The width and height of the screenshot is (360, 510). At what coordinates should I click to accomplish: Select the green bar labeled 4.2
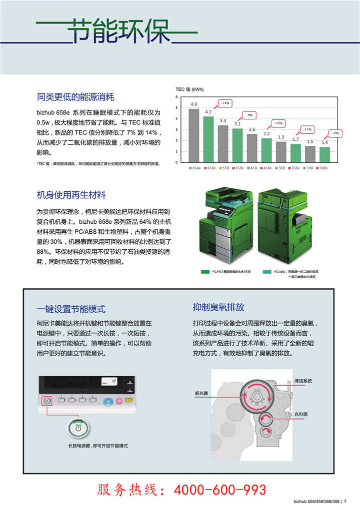click(208, 139)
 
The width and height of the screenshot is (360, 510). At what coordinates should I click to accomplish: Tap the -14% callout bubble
click(224, 103)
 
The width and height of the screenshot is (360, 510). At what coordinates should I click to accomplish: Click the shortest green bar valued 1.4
click(324, 154)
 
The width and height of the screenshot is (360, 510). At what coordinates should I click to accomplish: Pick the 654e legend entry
click(194, 168)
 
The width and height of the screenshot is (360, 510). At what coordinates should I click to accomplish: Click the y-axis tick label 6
click(176, 96)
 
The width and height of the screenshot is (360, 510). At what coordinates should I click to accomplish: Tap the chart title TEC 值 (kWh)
click(189, 89)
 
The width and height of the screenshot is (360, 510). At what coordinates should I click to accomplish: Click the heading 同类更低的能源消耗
click(75, 96)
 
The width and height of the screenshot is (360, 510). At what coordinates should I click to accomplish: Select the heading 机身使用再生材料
click(71, 194)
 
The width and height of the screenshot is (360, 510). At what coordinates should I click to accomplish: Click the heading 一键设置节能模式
click(71, 309)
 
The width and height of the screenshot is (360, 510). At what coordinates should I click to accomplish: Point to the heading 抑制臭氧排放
click(218, 307)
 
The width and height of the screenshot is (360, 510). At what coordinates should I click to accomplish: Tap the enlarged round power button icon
click(78, 428)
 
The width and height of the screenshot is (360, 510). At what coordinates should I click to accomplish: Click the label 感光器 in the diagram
click(201, 394)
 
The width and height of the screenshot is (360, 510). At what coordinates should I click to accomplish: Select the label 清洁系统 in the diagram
click(303, 381)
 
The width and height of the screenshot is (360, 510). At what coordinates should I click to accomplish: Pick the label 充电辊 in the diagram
click(300, 414)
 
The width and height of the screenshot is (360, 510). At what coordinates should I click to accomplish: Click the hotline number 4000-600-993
click(219, 490)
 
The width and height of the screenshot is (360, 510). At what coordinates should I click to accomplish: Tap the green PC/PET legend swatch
click(205, 271)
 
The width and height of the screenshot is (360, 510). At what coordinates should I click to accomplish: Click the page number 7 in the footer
click(345, 502)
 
